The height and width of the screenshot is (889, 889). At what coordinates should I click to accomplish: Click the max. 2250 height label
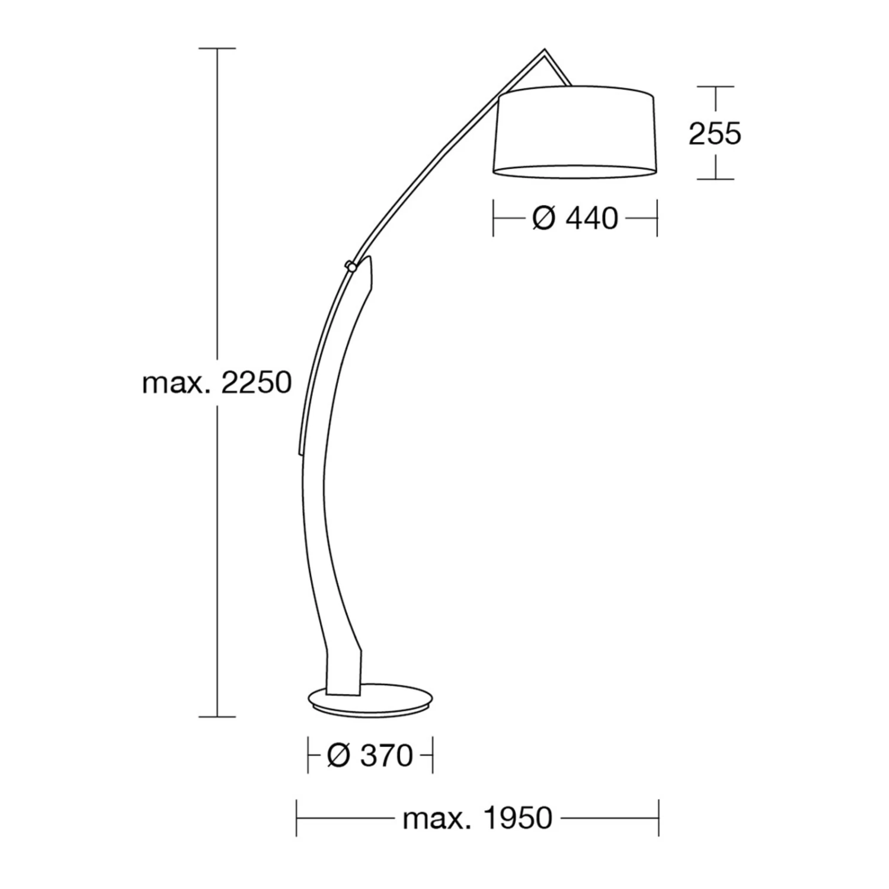pos(217,383)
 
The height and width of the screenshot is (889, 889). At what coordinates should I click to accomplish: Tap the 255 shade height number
pos(715,134)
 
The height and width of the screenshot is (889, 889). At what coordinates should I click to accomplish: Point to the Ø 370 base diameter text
pos(370,756)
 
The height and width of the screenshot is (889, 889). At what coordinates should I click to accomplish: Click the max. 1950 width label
pos(477,818)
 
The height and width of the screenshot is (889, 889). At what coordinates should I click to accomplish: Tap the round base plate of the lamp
pos(371,700)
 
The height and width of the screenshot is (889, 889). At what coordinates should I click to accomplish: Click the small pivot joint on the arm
pos(351,266)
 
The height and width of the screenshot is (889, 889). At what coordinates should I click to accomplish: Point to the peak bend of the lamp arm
pos(545,51)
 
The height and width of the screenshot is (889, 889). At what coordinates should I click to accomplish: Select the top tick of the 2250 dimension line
pos(217,48)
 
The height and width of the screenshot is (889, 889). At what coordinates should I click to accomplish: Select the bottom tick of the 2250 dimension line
pos(217,717)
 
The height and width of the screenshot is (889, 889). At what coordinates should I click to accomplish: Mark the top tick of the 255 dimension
pos(715,87)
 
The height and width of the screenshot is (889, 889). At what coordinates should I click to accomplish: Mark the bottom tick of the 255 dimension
pos(715,179)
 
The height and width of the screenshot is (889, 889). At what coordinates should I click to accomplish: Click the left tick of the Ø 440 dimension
pos(493,219)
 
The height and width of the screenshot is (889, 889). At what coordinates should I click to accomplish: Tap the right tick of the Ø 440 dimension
pos(657,219)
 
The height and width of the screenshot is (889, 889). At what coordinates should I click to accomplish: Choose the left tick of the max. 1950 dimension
pos(296,818)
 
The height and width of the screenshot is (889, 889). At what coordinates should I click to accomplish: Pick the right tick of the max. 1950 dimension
pos(658,818)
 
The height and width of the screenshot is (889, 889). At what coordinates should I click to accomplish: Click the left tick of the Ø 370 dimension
pos(308,756)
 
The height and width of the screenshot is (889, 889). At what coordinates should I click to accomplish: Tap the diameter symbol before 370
pos(338,756)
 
